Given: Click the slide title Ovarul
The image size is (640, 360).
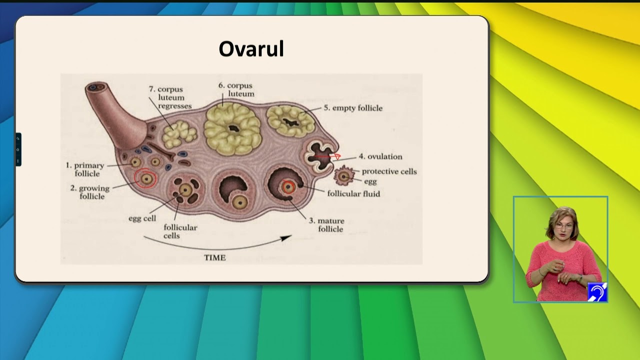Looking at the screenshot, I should [x=251, y=49].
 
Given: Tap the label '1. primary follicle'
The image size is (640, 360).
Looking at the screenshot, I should [x=85, y=169].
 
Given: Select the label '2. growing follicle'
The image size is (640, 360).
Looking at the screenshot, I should [x=90, y=192].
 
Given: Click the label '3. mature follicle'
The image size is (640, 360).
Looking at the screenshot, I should [x=326, y=225].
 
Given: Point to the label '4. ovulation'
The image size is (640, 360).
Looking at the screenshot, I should [x=380, y=156].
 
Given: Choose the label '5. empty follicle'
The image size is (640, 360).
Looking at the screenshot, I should [x=352, y=108].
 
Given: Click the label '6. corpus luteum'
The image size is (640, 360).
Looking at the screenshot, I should [x=236, y=89].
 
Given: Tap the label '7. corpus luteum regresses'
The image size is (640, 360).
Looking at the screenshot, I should [x=170, y=97].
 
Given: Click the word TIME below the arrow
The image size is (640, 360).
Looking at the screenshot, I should [x=214, y=257].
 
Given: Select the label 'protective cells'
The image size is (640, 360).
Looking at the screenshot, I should [x=389, y=171].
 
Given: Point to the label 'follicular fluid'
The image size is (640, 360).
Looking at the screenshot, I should [x=353, y=193].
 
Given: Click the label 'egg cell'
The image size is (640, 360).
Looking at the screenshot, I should [x=142, y=218].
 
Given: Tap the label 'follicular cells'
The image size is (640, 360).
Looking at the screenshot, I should [x=180, y=231].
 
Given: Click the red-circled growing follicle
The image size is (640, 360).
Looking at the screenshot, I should [x=146, y=178].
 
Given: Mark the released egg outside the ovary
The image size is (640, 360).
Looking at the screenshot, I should [x=343, y=176].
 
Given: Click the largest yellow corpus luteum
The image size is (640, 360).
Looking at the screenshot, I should [x=232, y=128].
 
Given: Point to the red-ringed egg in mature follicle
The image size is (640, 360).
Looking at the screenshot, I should [x=288, y=186].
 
